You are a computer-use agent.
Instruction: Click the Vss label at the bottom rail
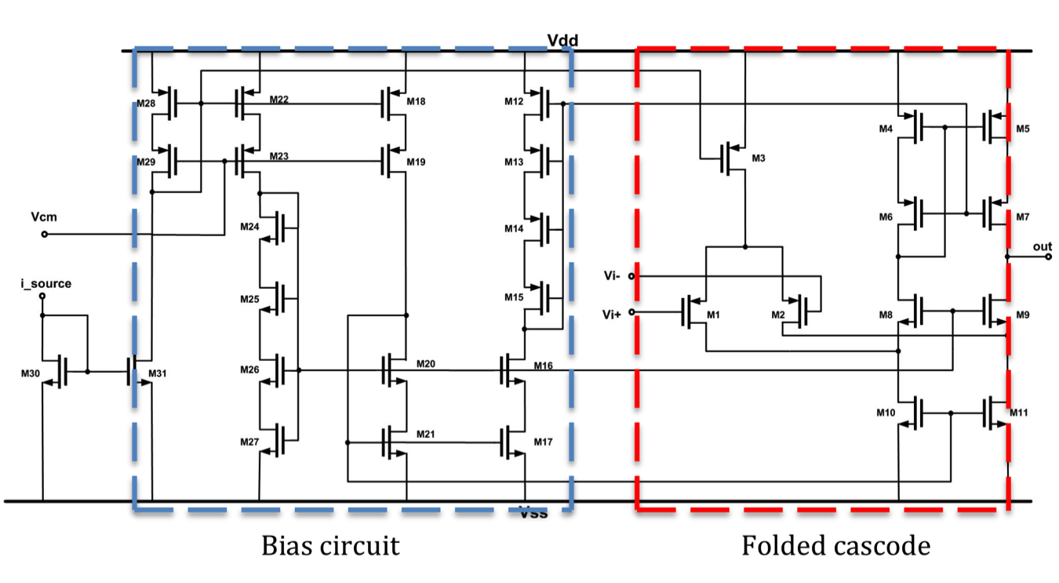[533, 513]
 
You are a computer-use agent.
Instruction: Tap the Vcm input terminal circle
[45, 235]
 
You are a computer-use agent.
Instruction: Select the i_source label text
[45, 283]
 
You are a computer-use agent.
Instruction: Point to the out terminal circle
[1048, 257]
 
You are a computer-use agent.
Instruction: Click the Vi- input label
[613, 276]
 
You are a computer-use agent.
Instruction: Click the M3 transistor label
[758, 159]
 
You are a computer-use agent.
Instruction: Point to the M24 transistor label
[249, 228]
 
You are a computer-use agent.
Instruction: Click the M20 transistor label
[426, 365]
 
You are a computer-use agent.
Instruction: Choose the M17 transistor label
[543, 442]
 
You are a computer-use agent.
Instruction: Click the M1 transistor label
[713, 315]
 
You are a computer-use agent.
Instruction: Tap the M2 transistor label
[777, 315]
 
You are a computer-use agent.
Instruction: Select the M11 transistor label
[1018, 412]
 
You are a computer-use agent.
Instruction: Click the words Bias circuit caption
[330, 545]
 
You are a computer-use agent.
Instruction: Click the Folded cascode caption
[835, 545]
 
